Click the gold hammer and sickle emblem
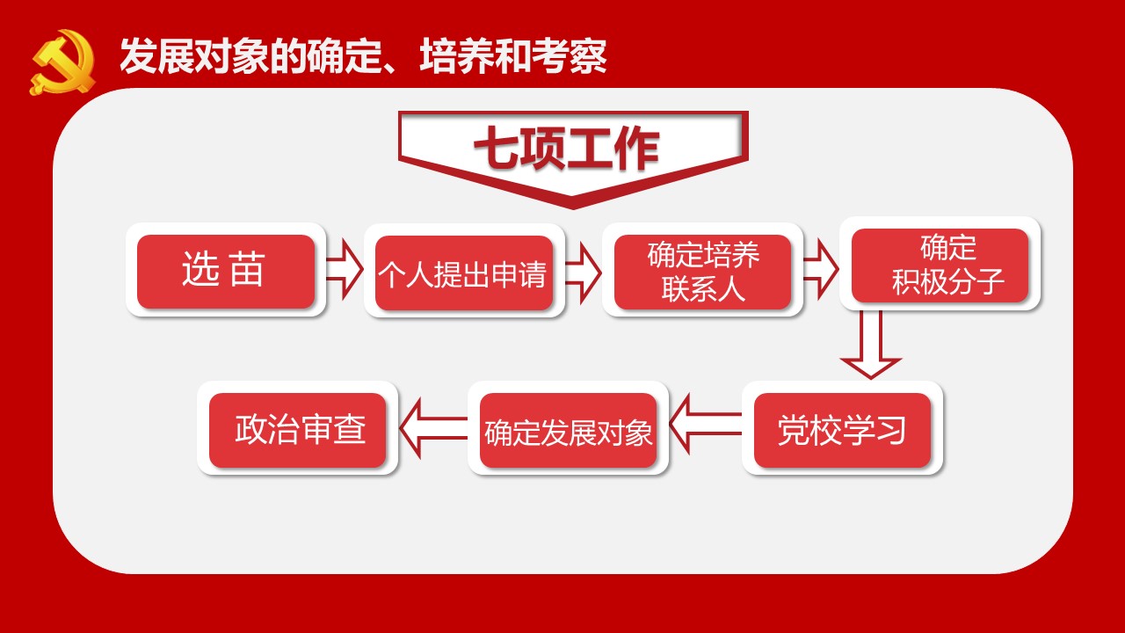click(x=62, y=62)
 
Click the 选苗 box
click(x=226, y=272)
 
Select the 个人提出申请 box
click(x=463, y=273)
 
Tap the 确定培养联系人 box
click(x=702, y=272)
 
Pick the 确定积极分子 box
click(x=940, y=266)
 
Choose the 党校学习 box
click(x=842, y=430)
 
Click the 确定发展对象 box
click(x=568, y=431)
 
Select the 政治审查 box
click(x=297, y=430)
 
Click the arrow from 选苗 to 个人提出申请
click(x=345, y=269)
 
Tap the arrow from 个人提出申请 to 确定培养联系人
click(x=583, y=273)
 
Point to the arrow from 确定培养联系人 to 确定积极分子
click(x=821, y=269)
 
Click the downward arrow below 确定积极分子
click(x=870, y=345)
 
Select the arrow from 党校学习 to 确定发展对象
click(x=705, y=424)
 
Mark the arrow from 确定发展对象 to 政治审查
click(x=433, y=427)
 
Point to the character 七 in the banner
click(x=496, y=148)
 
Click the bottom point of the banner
click(x=572, y=208)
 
